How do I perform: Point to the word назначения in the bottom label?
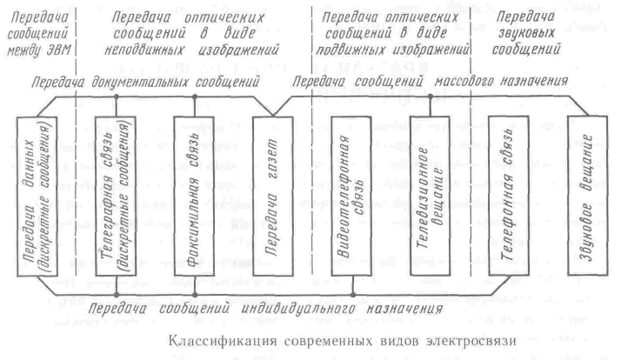(404, 308)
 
